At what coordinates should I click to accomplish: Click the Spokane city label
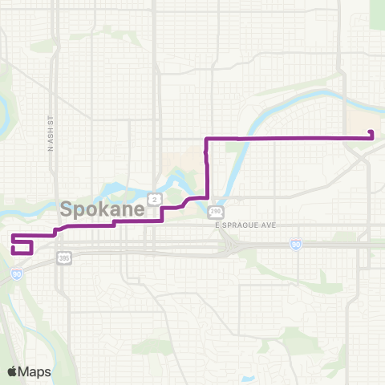click(103, 210)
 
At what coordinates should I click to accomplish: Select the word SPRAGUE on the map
click(243, 225)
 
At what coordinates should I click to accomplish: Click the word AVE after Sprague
click(269, 225)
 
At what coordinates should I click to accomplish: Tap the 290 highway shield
click(216, 212)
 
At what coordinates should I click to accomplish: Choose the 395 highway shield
click(64, 257)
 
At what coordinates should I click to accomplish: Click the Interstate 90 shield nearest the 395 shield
click(17, 274)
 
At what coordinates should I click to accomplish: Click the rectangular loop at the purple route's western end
click(22, 245)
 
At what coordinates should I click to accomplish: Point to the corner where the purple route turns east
click(208, 140)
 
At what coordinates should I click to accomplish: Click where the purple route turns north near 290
click(209, 195)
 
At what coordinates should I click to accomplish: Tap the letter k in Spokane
click(99, 210)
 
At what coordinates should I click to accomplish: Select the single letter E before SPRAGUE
click(217, 225)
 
